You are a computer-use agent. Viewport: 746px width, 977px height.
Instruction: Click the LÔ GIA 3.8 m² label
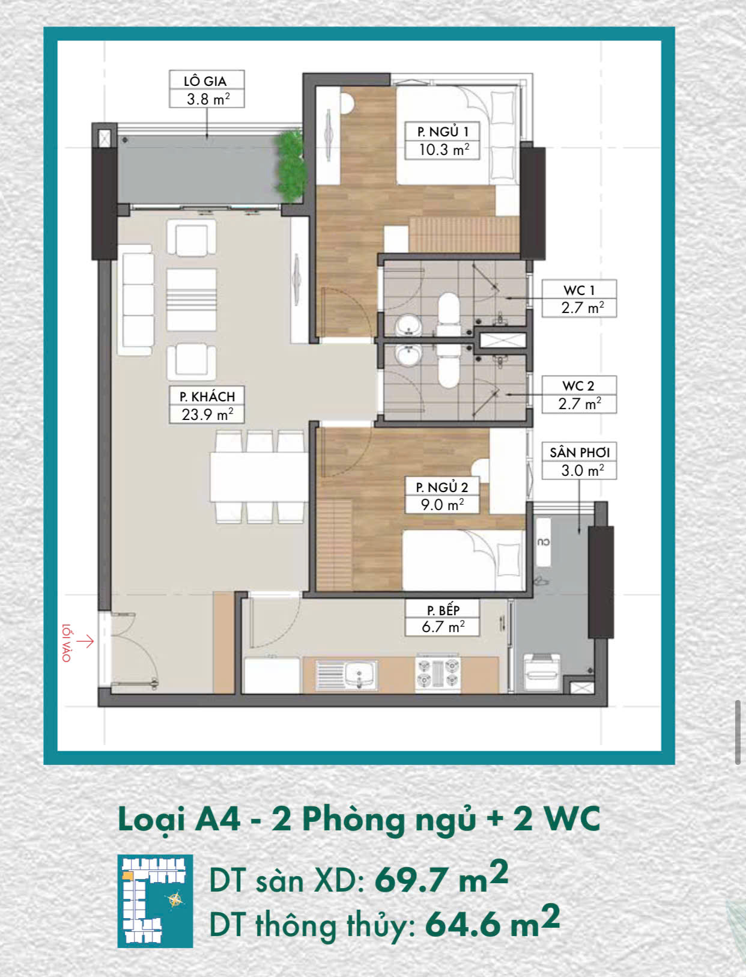[x=207, y=89]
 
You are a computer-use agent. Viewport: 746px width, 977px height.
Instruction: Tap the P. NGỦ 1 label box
[x=442, y=140]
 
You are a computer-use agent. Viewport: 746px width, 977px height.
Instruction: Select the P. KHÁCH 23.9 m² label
[x=207, y=404]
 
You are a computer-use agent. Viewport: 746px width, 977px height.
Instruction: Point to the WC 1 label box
[x=579, y=298]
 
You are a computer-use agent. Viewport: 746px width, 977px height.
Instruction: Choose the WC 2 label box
[x=579, y=394]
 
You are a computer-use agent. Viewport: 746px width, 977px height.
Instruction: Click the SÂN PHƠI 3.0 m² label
[x=579, y=461]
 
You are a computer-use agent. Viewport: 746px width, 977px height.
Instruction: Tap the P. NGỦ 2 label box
[x=442, y=495]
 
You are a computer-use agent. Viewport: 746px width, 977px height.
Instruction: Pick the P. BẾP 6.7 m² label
[x=442, y=617]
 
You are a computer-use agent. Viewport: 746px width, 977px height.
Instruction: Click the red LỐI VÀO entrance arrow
[x=85, y=641]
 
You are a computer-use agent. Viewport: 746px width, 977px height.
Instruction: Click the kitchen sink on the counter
[x=346, y=675]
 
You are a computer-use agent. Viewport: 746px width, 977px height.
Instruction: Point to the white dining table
[x=259, y=476]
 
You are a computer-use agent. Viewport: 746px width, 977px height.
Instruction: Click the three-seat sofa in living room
[x=136, y=300]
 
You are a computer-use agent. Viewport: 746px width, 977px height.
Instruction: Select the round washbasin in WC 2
[x=409, y=355]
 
